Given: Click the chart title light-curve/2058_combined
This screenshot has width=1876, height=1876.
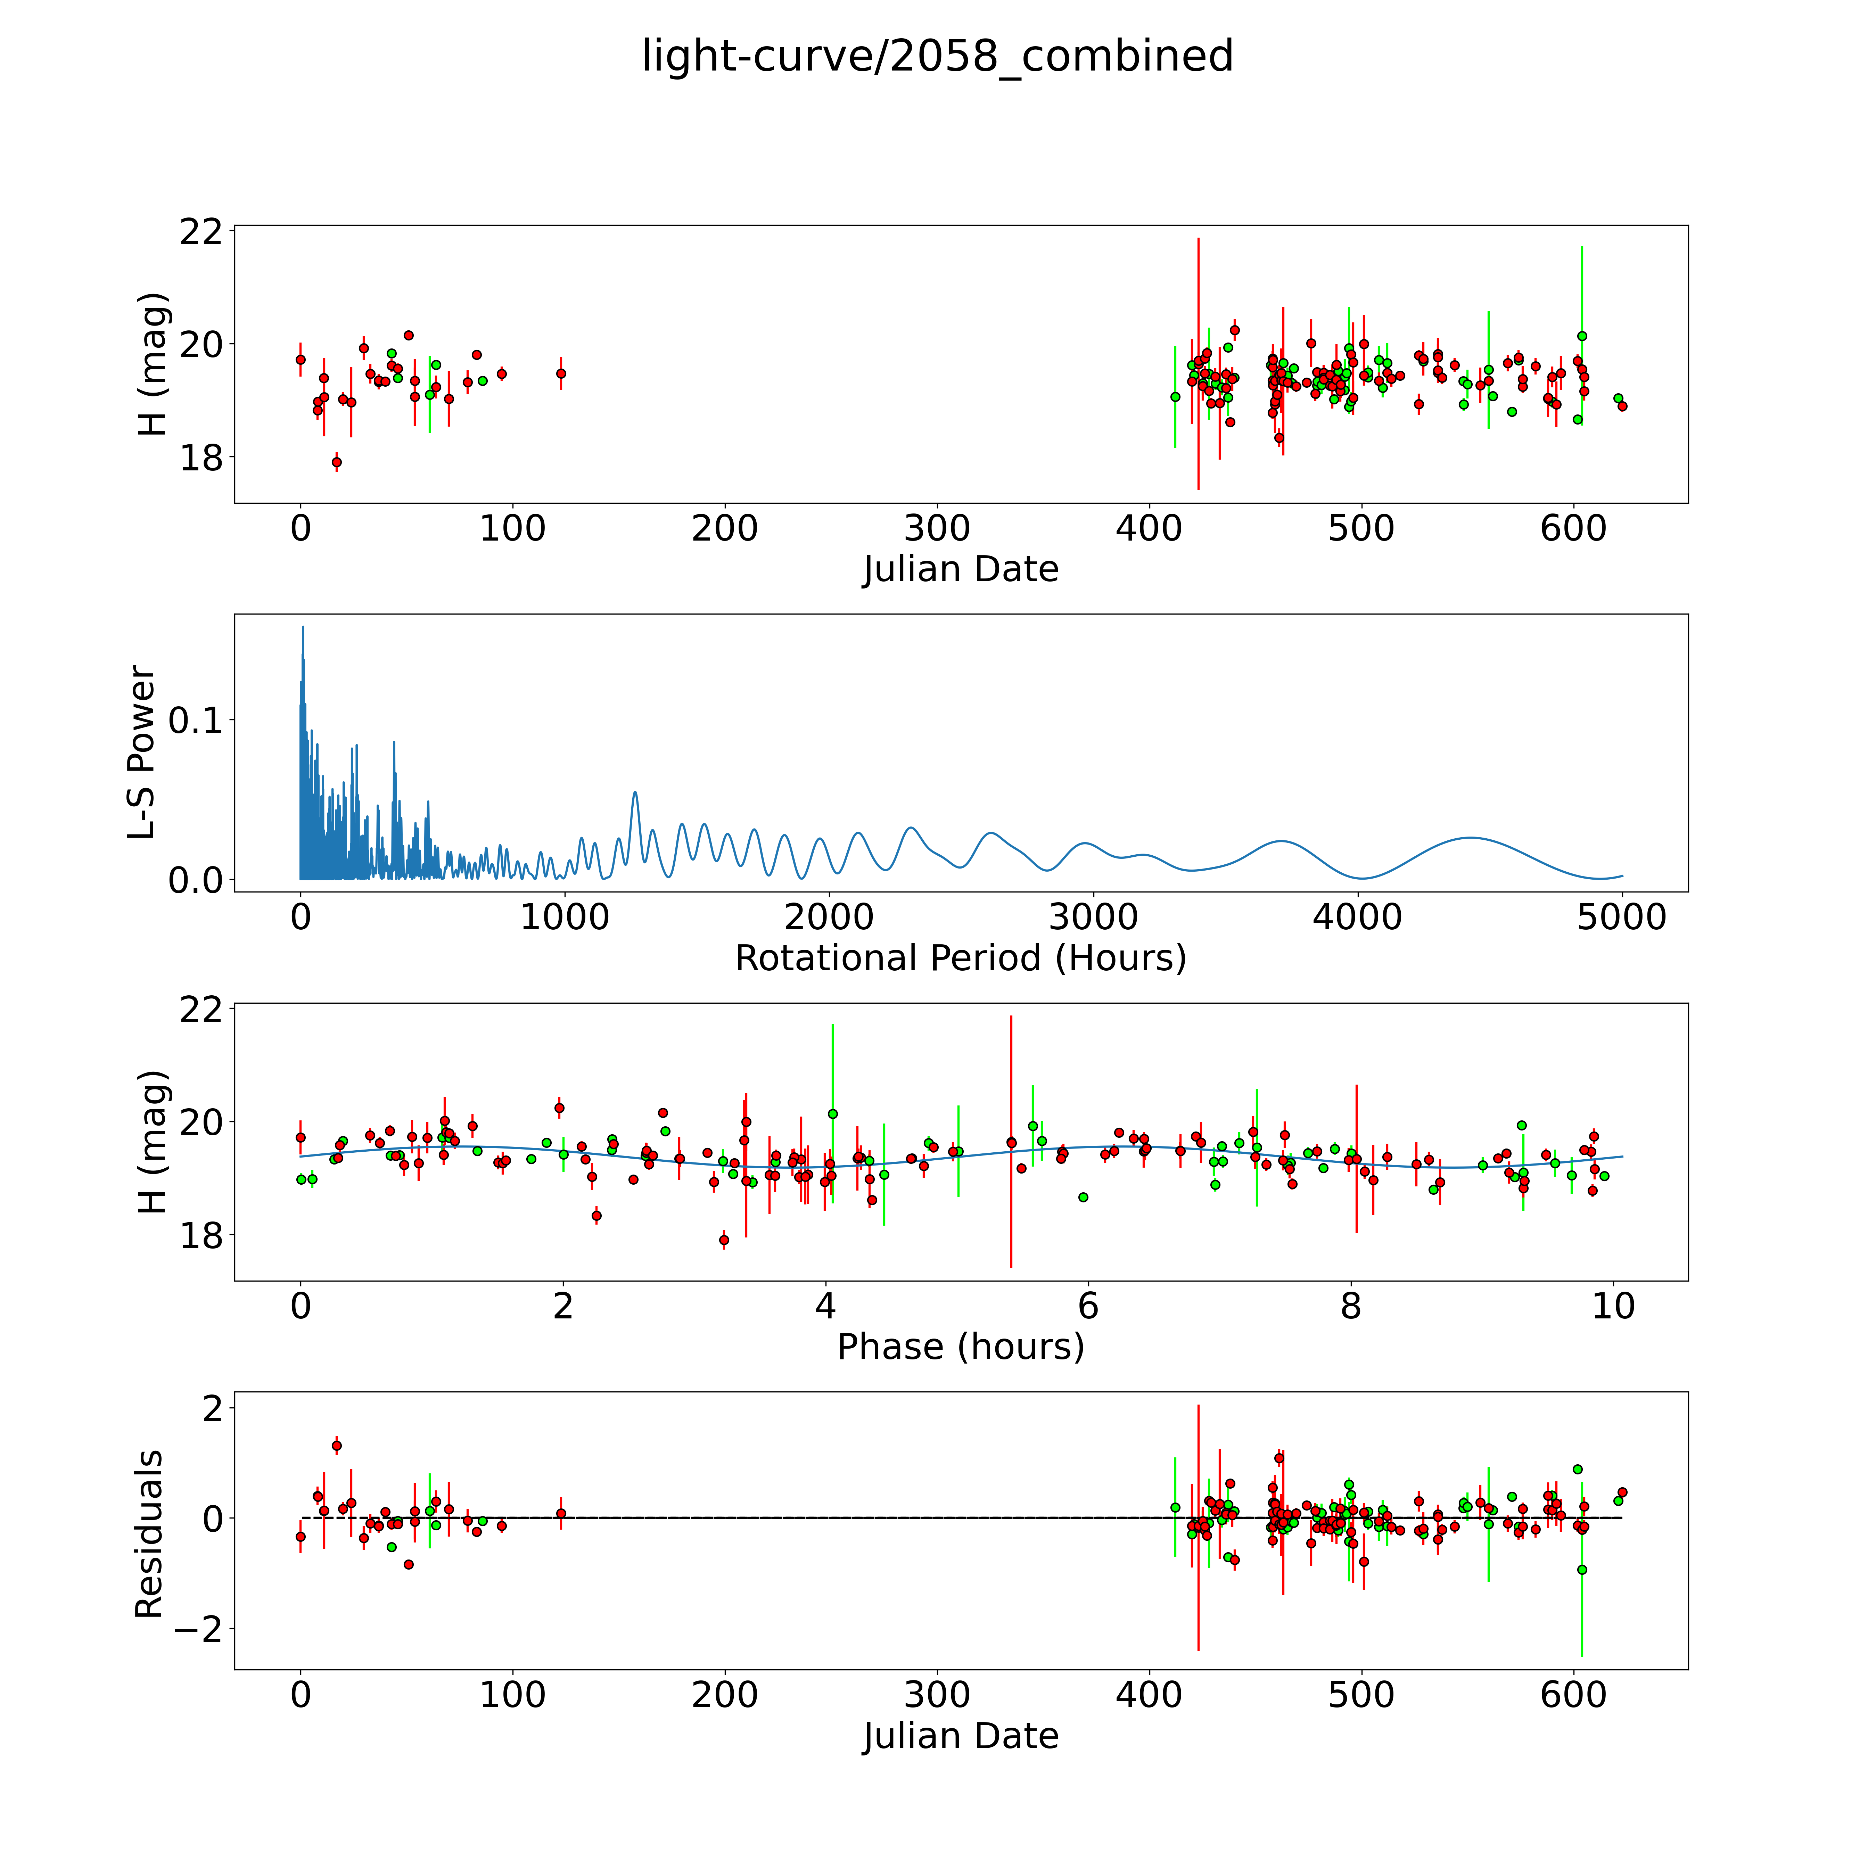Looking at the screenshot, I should [x=937, y=56].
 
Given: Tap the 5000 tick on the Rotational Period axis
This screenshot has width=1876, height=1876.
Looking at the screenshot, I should [x=1622, y=918].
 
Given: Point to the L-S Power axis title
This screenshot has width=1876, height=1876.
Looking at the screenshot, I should [x=143, y=752].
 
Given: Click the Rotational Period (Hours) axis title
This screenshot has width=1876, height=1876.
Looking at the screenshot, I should [x=960, y=958].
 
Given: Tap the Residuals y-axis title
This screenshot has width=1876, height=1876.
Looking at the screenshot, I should [x=149, y=1534].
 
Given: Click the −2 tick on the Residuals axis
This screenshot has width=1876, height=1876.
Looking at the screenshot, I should [x=197, y=1628].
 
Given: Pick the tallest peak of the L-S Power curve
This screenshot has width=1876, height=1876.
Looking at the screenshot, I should [x=303, y=627].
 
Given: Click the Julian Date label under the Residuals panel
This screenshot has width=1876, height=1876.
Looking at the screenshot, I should [x=960, y=1736].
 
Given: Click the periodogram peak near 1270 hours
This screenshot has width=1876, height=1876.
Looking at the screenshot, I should [x=635, y=792].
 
